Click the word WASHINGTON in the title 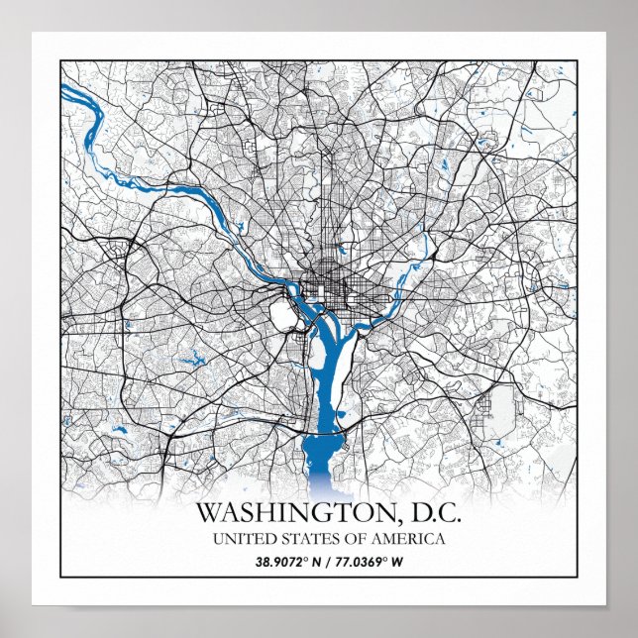tap(282, 514)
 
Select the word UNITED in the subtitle tap(239, 540)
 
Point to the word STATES tap(302, 540)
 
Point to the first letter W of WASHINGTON tap(207, 514)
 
